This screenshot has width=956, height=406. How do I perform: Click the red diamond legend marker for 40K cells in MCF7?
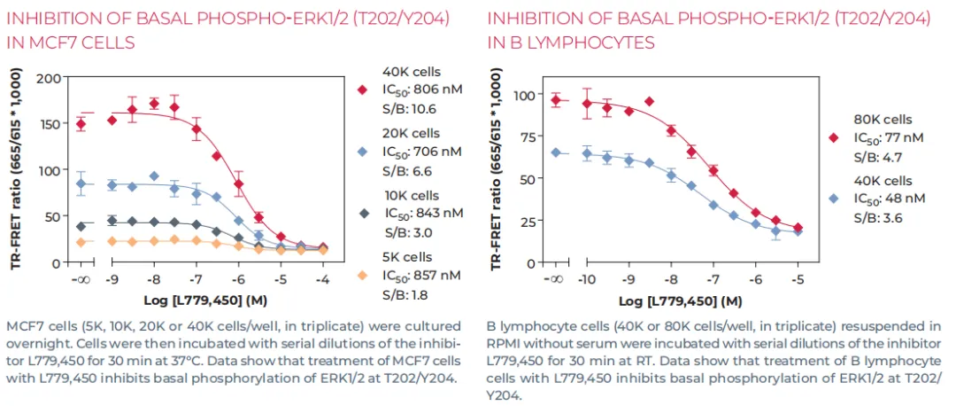pyautogui.click(x=362, y=89)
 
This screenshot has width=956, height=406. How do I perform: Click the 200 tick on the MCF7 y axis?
pyautogui.click(x=48, y=79)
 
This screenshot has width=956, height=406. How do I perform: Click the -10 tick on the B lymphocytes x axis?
pyautogui.click(x=586, y=277)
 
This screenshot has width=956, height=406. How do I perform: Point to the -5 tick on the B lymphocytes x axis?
pyautogui.click(x=798, y=277)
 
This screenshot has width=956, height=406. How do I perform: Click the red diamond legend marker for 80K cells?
pyautogui.click(x=832, y=137)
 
